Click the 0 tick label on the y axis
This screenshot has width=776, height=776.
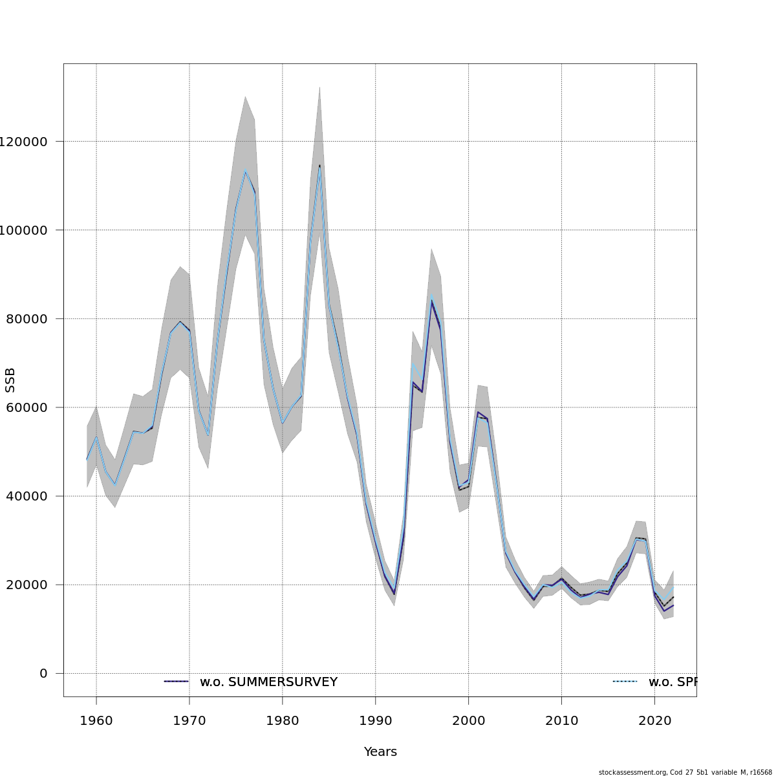(43, 673)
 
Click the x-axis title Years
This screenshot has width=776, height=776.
(380, 752)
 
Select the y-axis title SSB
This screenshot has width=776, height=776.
(10, 380)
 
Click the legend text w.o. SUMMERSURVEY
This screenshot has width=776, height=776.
(268, 682)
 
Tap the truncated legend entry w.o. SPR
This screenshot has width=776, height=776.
(672, 682)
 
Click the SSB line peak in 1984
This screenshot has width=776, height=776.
(319, 166)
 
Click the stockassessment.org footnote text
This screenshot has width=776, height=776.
(685, 772)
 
